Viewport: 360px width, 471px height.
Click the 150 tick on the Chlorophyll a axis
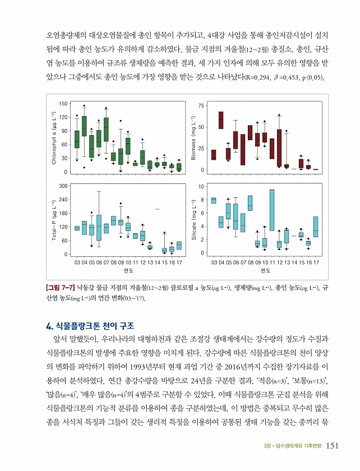coord(63,104)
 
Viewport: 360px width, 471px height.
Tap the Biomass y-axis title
coord(193,138)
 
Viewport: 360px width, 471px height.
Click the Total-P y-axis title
coord(54,220)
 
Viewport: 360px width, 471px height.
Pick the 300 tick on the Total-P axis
coord(63,186)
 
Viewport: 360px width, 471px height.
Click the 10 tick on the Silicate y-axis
coord(201,186)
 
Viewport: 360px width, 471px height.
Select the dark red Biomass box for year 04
coord(221,120)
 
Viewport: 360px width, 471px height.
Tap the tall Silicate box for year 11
coord(272,210)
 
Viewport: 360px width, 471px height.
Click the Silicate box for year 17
coord(316,227)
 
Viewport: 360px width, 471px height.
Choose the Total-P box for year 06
coord(99,228)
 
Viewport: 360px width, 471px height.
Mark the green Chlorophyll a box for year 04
coord(84,126)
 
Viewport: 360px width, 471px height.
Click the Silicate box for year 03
coord(214,200)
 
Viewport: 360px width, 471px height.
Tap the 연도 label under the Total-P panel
coord(128,271)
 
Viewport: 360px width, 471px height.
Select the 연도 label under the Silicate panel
coord(265,271)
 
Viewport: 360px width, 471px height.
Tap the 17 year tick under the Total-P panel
coord(179,262)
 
